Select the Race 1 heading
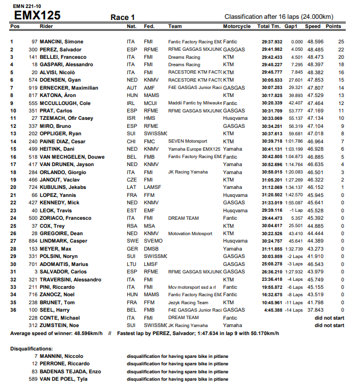(x=123, y=18)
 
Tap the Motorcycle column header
(x=237, y=26)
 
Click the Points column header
(x=333, y=26)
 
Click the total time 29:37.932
(x=273, y=42)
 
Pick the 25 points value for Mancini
(x=341, y=42)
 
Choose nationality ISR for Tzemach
(x=131, y=118)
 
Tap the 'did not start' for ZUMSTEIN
(x=329, y=325)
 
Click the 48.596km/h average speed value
(x=86, y=333)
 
